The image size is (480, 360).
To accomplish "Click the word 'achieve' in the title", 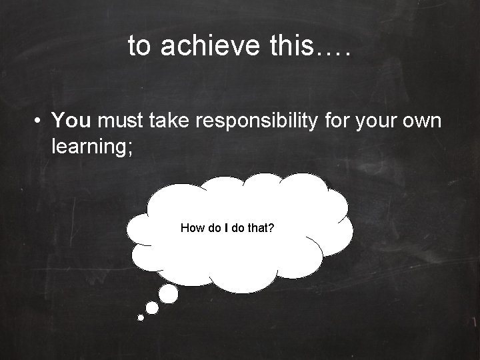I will pos(199,46).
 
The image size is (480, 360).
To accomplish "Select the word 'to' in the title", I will pos(139,46).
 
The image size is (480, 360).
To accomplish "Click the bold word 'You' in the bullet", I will pos(73,121).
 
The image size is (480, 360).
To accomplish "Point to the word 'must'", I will pos(124,121).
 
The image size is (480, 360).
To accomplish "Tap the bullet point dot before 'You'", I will pos(41,121).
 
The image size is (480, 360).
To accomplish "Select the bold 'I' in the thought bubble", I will pos(227,229).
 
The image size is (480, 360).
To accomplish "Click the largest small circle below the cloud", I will pos(169,293).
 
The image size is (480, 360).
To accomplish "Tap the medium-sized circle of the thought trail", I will pos(152,307).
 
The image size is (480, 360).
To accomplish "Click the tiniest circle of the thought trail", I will pos(141,318).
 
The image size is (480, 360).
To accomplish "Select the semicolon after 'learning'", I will pos(131,146).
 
